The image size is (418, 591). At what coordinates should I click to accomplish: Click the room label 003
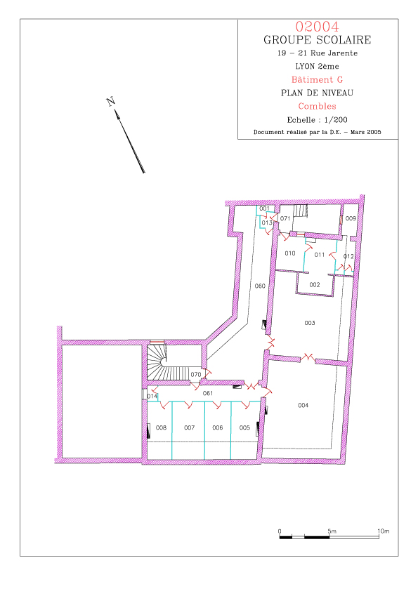click(310, 323)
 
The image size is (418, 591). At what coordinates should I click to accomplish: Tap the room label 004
click(303, 406)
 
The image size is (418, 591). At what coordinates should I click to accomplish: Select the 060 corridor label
click(260, 286)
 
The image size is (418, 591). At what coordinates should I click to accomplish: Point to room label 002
click(315, 285)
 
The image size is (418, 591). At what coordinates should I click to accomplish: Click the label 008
click(161, 427)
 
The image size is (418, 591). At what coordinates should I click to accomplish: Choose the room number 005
click(245, 427)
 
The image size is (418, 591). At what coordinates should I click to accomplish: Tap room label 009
click(351, 218)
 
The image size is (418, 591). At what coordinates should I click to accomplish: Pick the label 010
click(290, 253)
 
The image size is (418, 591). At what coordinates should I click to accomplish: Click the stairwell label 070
click(196, 375)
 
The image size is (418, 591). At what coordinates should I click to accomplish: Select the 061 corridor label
click(208, 394)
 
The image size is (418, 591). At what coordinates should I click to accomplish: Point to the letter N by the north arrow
click(110, 102)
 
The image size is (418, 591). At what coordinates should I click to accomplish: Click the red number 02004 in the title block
click(318, 27)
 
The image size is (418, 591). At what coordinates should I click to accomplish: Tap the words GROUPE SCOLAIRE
click(318, 40)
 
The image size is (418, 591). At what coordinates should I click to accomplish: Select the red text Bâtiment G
click(318, 80)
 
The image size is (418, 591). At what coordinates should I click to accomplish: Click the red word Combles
click(318, 106)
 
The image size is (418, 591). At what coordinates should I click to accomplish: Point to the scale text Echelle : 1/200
click(318, 120)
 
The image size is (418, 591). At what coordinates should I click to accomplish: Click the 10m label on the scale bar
click(384, 531)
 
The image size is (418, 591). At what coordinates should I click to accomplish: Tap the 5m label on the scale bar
click(332, 531)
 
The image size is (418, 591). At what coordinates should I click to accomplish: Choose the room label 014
click(152, 397)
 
